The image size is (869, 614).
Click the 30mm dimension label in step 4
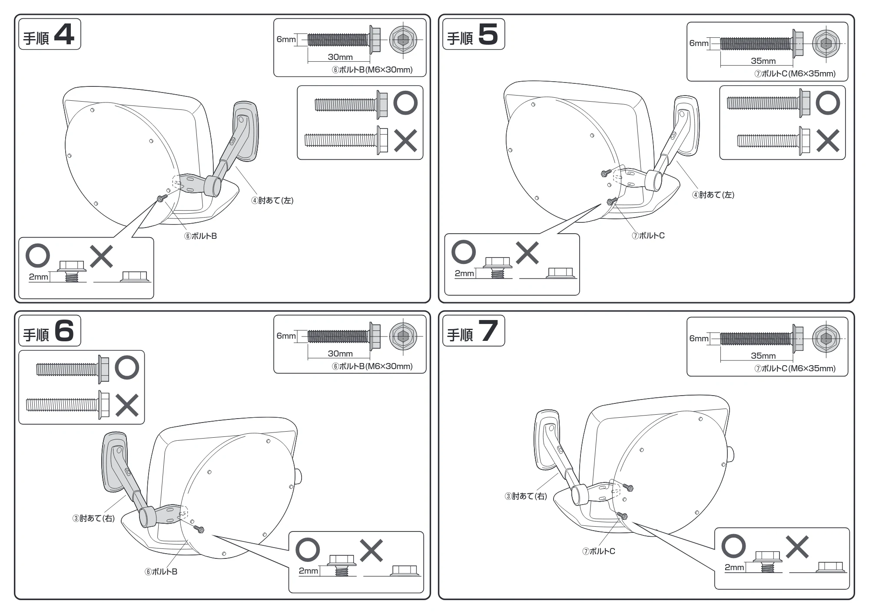(340, 57)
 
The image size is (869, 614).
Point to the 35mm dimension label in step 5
(763, 61)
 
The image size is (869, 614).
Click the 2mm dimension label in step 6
(308, 571)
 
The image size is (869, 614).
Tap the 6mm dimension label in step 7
(699, 338)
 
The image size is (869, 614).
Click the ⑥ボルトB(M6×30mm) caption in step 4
(372, 69)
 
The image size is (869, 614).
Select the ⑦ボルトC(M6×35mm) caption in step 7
(795, 368)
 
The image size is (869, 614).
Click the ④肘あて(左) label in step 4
(272, 200)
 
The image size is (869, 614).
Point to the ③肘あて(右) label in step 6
(93, 518)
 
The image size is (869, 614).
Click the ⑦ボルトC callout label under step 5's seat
(648, 235)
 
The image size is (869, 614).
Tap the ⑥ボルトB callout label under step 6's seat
(161, 571)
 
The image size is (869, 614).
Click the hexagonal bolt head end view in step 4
(403, 40)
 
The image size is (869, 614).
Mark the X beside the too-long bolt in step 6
(127, 405)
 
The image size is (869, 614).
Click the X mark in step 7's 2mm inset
(797, 547)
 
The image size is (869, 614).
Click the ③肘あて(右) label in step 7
(526, 496)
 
